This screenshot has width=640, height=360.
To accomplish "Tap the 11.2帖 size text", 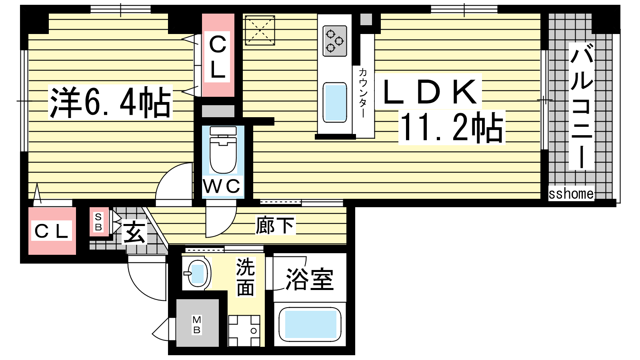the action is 452,128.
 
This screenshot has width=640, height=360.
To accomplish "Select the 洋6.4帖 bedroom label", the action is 110,102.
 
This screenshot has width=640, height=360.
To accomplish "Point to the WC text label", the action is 222,186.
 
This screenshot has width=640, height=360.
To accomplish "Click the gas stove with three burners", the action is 334,41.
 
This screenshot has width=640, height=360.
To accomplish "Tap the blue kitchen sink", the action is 334,102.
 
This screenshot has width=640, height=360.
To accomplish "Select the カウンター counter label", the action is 363,93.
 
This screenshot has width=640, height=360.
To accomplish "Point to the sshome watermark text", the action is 571,194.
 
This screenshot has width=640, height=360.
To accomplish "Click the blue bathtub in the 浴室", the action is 310,324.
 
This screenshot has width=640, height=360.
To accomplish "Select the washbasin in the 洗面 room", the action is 196,273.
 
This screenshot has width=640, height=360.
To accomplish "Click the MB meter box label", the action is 196,324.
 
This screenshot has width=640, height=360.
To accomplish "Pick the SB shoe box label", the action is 98,222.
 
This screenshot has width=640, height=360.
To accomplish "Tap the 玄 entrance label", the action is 134,232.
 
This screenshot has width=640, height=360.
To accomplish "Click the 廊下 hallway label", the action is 275,226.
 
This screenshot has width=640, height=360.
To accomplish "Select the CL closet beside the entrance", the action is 52,231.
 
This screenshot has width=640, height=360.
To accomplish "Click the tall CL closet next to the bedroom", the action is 218,55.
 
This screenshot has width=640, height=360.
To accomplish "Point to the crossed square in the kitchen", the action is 260,30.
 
